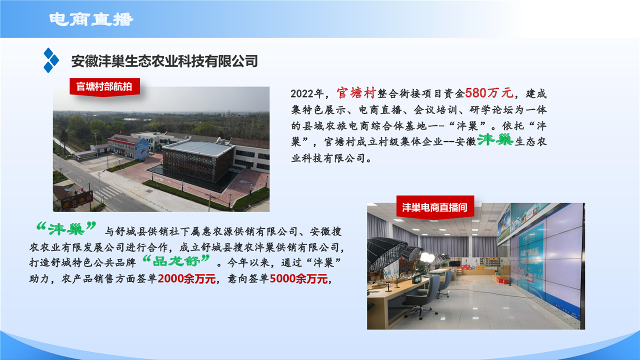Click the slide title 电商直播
coord(91,19)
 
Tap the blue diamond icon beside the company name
coord(51,60)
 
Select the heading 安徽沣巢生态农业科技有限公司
coord(164,61)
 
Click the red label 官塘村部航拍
coord(104,86)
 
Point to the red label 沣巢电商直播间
coord(435,207)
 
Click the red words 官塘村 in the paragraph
coord(356,93)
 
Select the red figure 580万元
coord(489,93)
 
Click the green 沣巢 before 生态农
coord(495,140)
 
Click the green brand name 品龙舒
coord(176,261)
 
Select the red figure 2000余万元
coord(186,279)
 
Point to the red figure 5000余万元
coord(298,279)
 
